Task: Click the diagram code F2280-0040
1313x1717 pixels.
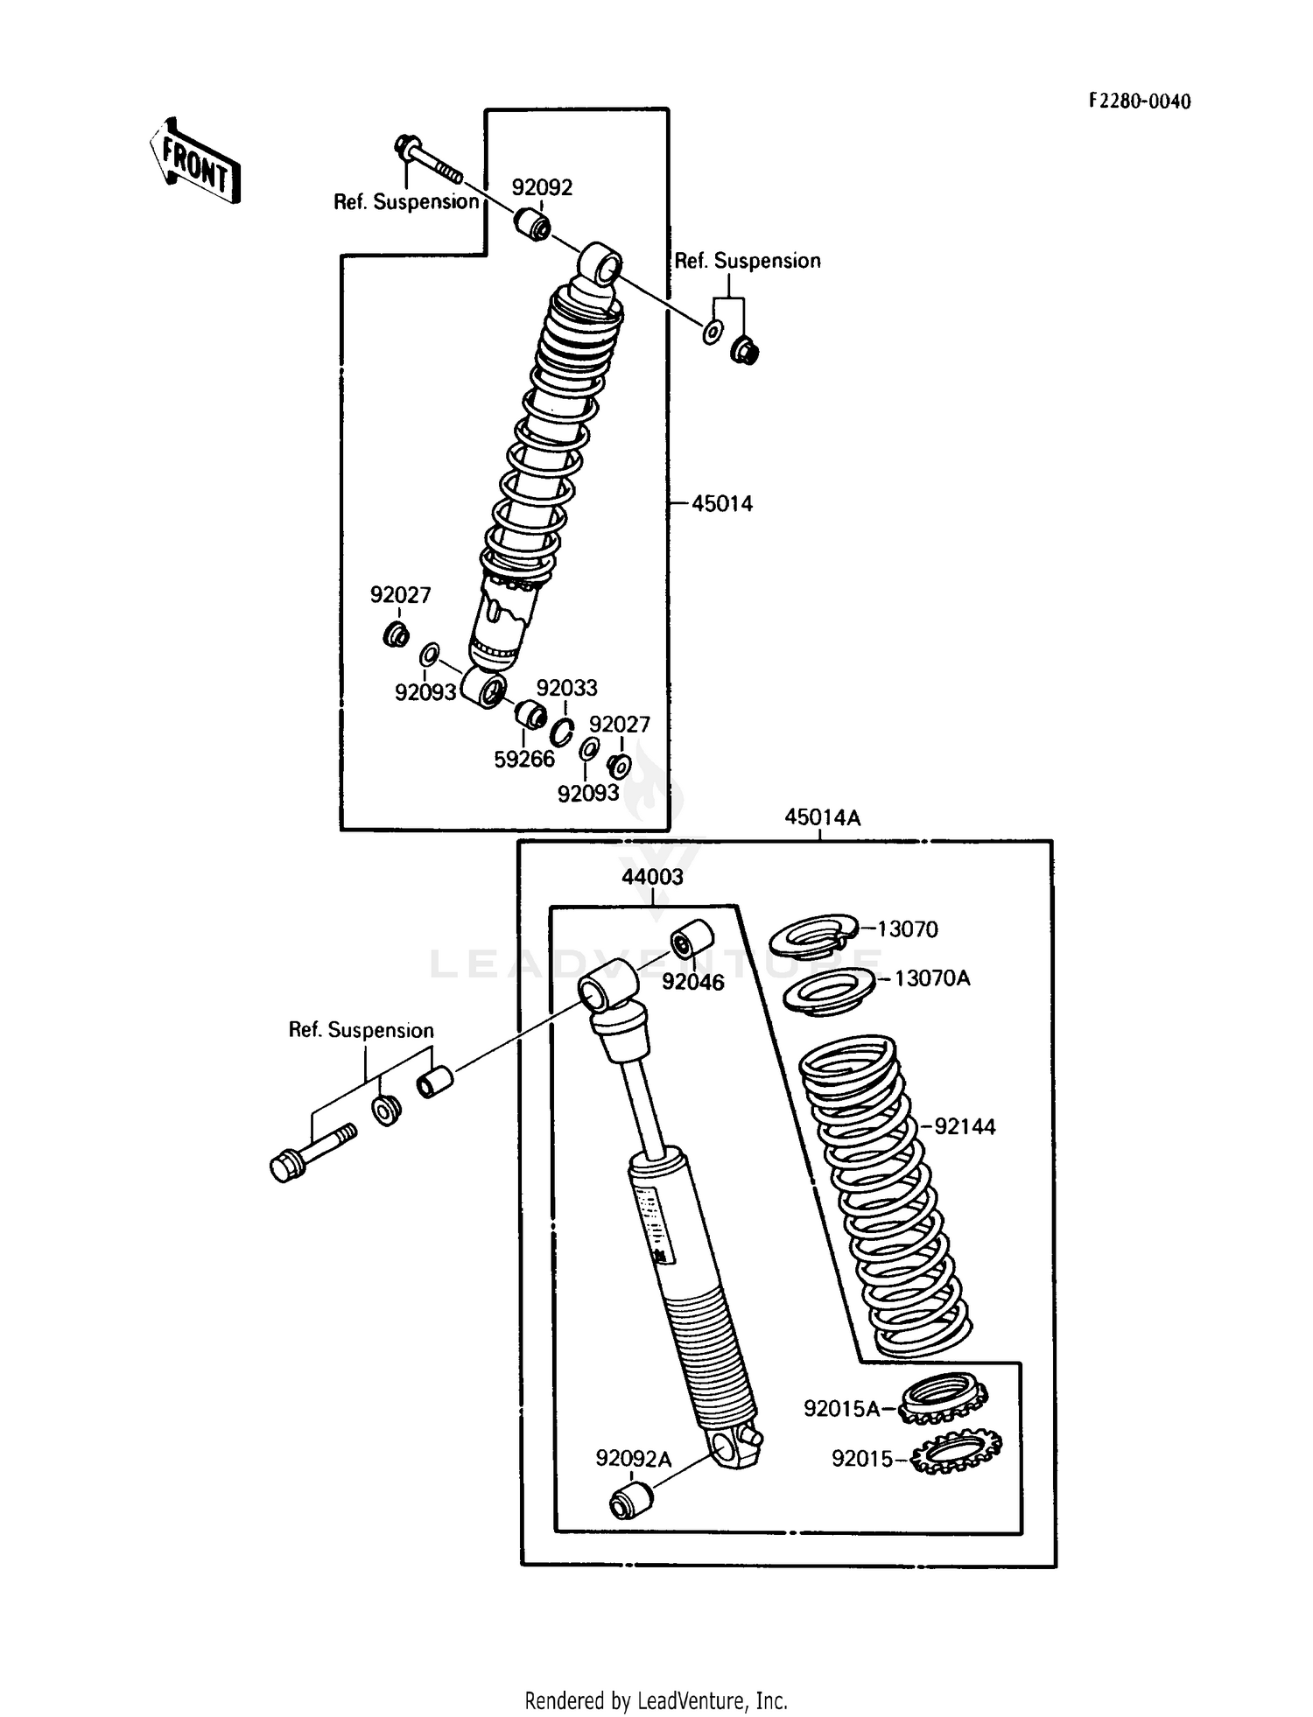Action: pos(1139,102)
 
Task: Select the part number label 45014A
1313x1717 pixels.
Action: pos(821,817)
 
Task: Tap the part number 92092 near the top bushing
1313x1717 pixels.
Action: pos(542,187)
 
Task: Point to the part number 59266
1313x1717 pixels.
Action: pos(524,760)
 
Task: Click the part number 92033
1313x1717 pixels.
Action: pos(566,688)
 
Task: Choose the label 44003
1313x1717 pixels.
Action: pos(652,876)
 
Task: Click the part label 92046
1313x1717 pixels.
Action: pos(692,982)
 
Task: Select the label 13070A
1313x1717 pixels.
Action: pos(932,978)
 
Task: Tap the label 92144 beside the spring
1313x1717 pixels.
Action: pos(965,1126)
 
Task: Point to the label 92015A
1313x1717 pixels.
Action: pos(841,1408)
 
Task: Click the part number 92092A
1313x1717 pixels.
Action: pos(633,1458)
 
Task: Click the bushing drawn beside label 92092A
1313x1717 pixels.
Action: pos(630,1501)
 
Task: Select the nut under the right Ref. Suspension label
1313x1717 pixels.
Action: pos(745,351)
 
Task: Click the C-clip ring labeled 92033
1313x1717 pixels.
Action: pos(562,731)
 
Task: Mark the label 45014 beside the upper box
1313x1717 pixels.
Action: pos(721,503)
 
